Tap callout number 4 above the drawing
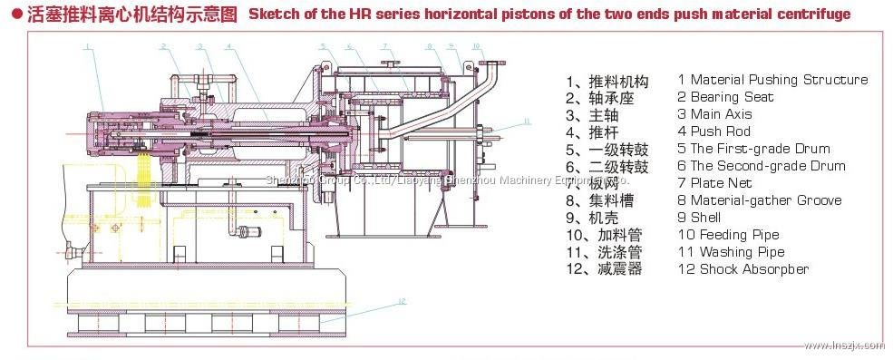230,44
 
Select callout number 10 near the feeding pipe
476,44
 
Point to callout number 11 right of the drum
527,120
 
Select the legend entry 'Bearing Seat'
725,97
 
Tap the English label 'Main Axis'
720,114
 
